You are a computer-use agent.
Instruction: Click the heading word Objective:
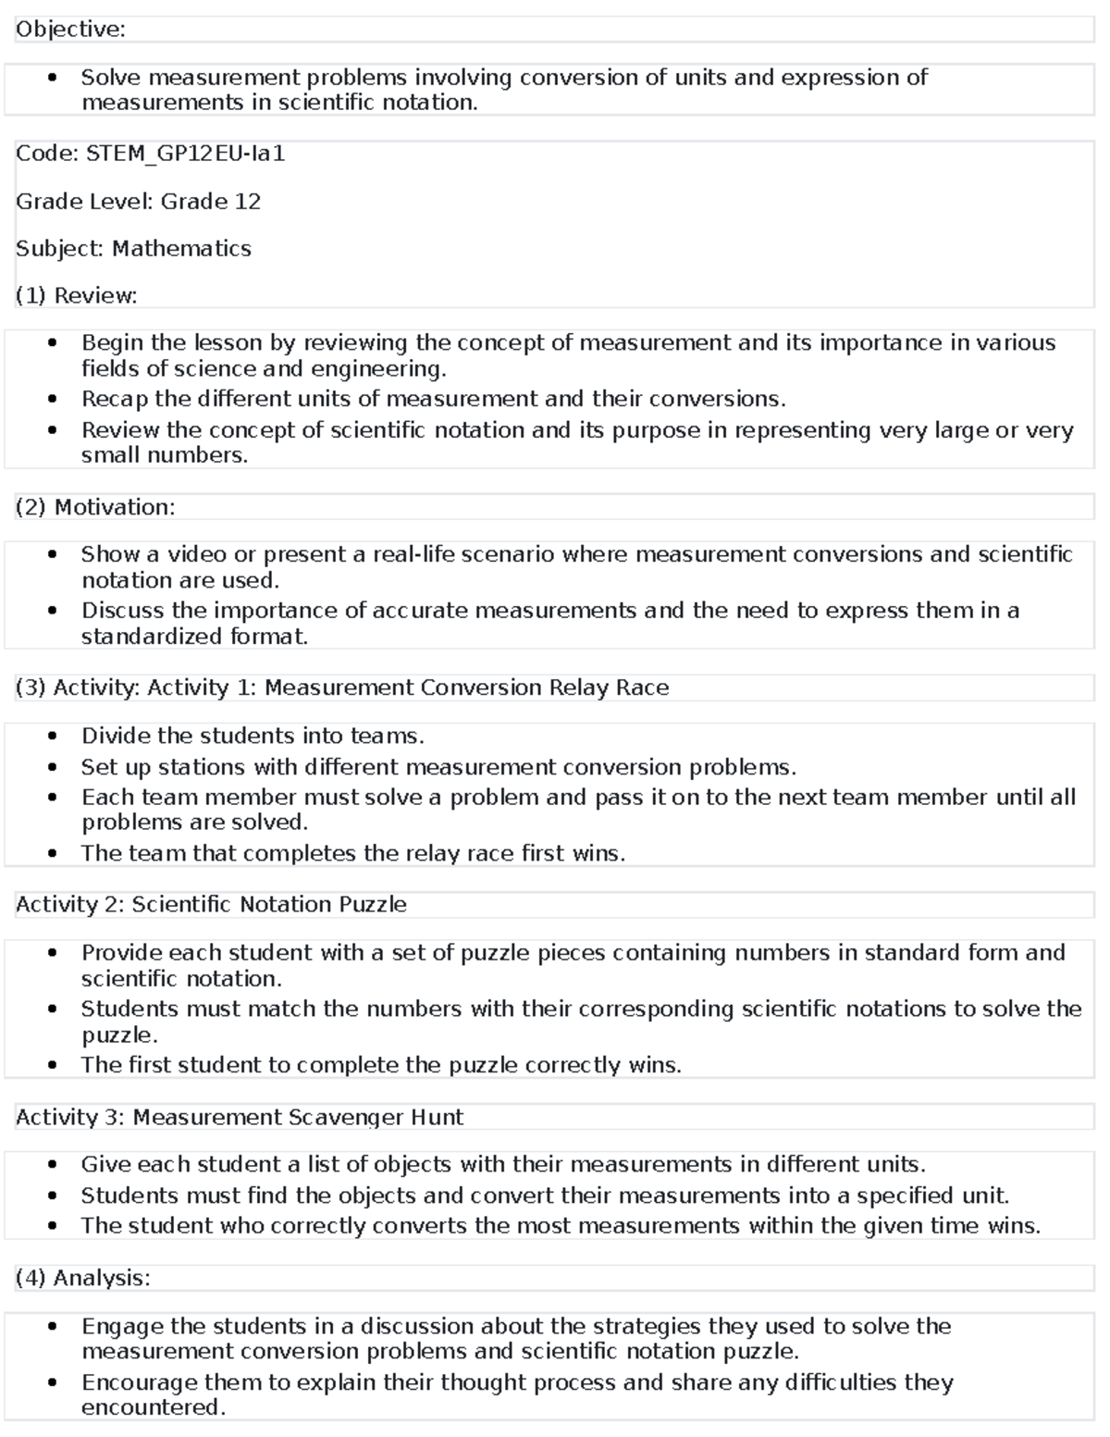coord(70,30)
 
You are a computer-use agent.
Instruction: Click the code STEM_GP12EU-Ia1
coord(185,154)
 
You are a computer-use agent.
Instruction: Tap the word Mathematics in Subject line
coord(181,249)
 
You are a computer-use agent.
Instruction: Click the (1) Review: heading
coord(77,296)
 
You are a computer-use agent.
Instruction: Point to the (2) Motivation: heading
coord(95,507)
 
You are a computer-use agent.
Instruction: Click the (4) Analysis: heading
coord(82,1278)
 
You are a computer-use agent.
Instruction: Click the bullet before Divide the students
coord(54,737)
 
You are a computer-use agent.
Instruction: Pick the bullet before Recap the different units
coord(54,400)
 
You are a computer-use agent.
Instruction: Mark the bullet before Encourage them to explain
coord(54,1383)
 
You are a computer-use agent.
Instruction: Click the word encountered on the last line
coord(153,1407)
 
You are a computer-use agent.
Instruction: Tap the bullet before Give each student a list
coord(54,1165)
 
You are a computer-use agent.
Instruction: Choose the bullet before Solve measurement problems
coord(54,78)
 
